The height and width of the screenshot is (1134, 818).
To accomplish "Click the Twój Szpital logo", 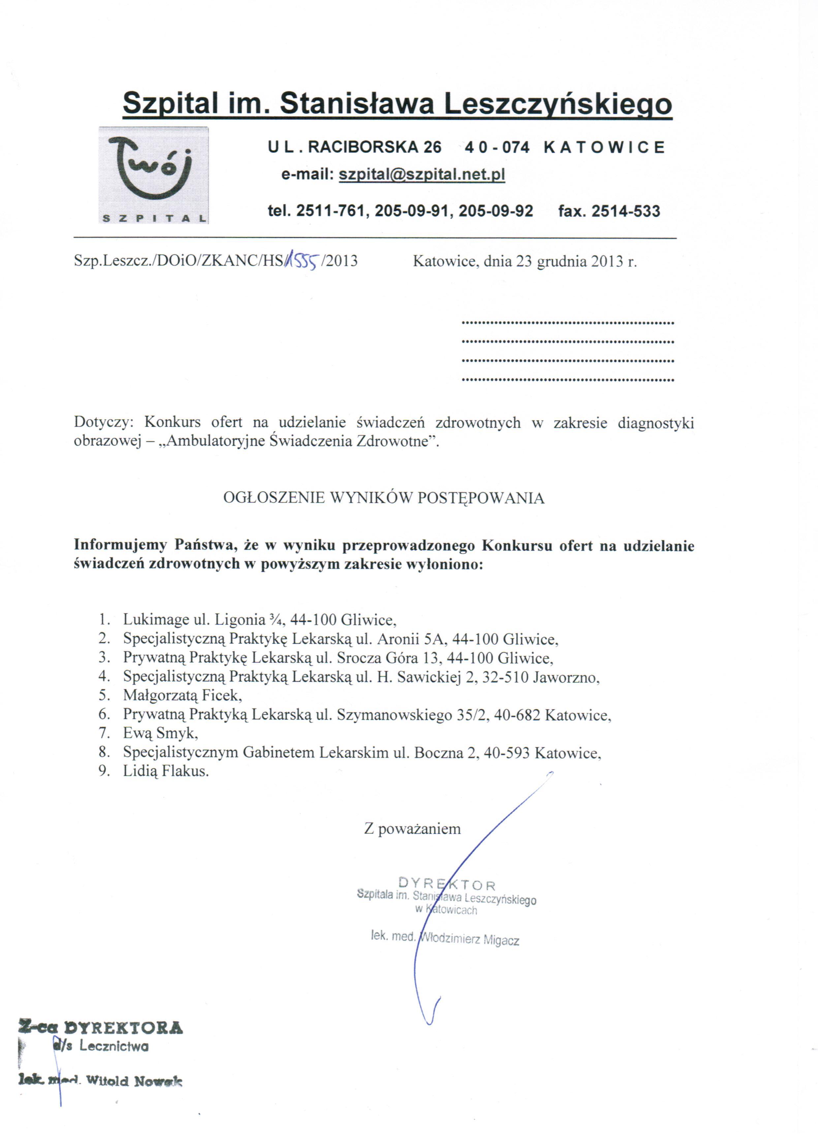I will (153, 175).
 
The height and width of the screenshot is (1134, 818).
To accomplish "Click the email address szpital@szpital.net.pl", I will (422, 175).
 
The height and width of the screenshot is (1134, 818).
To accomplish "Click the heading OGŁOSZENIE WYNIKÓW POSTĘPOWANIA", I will (384, 498).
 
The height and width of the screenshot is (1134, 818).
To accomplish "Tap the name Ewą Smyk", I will (160, 733).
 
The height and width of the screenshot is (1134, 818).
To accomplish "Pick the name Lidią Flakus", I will (166, 771).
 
